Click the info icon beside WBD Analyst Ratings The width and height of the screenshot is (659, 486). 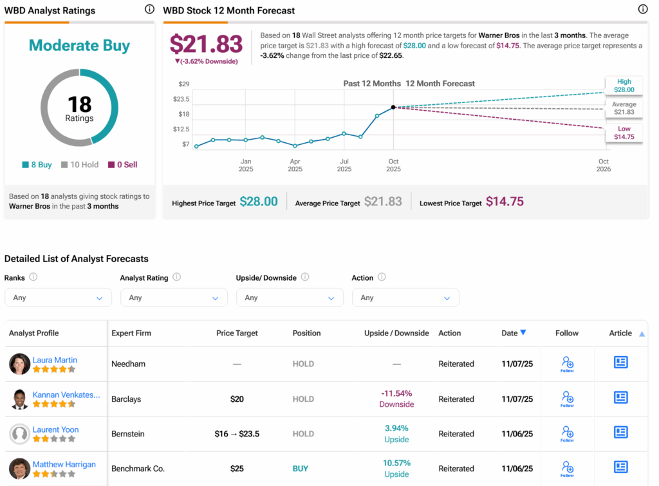149,10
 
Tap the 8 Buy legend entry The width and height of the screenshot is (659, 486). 37,165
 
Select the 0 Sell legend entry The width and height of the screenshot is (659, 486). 122,165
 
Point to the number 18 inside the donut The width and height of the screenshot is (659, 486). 80,104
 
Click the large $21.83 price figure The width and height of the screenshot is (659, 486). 206,44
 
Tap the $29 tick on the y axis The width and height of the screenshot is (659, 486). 184,84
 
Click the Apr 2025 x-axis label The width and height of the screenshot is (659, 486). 295,165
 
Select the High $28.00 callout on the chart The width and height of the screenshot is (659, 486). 624,86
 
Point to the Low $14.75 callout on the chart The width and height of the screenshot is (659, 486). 624,133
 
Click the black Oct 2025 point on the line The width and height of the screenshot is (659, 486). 393,107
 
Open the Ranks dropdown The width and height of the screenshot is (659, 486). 58,297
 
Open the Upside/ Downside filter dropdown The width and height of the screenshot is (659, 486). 290,297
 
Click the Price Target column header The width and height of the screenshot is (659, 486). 237,333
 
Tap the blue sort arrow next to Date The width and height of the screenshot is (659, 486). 523,333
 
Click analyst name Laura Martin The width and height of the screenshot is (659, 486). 55,360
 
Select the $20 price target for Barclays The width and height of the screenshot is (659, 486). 237,399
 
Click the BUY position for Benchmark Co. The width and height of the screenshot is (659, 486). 301,469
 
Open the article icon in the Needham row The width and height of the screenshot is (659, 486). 620,362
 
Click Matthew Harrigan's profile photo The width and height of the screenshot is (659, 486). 20,469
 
